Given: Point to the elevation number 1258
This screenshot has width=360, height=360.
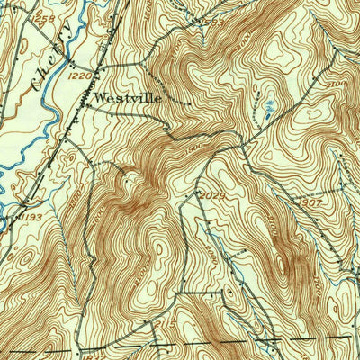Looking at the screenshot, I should (x=44, y=17).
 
